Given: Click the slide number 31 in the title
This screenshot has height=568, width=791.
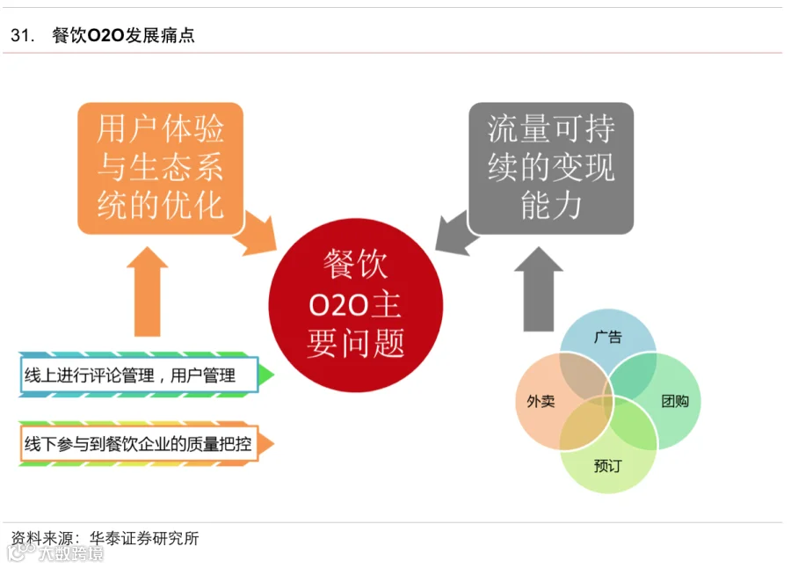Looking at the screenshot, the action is click(x=21, y=36).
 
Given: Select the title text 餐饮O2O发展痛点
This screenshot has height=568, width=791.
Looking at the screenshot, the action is click(x=124, y=36).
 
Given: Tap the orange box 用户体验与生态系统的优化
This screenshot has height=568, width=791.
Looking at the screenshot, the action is click(x=160, y=168).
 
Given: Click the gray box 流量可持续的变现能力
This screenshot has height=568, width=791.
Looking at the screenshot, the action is click(x=550, y=168).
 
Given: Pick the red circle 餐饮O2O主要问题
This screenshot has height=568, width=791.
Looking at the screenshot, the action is click(x=355, y=304).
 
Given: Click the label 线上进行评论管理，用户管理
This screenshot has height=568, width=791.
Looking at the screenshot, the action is click(x=131, y=375).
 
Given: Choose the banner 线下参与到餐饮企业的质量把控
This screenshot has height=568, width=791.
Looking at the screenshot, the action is click(x=138, y=444).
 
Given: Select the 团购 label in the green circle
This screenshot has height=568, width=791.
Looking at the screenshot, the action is click(x=674, y=402).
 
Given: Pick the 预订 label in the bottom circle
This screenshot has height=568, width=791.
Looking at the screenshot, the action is click(x=607, y=465).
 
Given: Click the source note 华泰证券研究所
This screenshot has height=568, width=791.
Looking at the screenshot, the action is click(x=148, y=537).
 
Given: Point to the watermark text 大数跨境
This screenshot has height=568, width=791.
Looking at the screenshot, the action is click(x=70, y=553).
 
